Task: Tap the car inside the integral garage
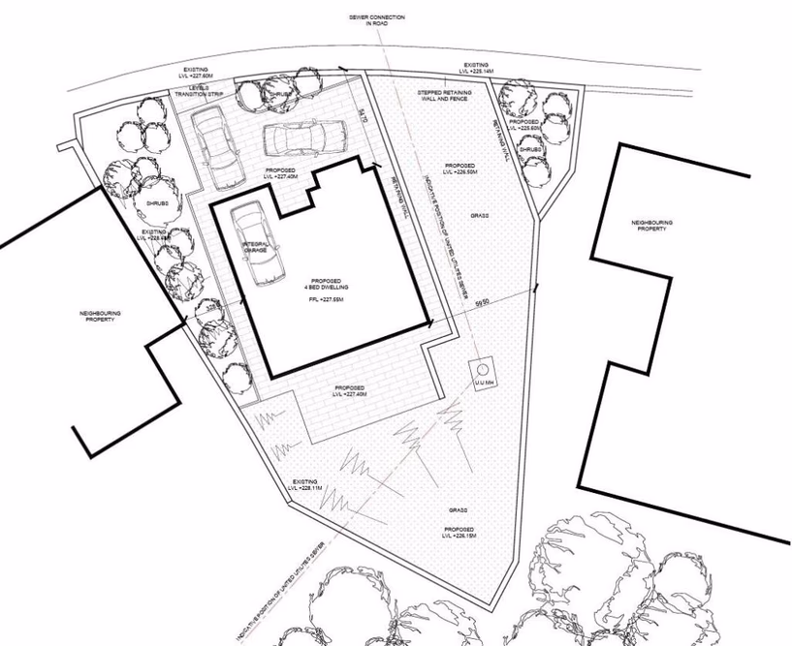click(255, 244)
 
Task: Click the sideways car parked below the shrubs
click(302, 138)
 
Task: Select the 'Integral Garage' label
click(256, 248)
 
